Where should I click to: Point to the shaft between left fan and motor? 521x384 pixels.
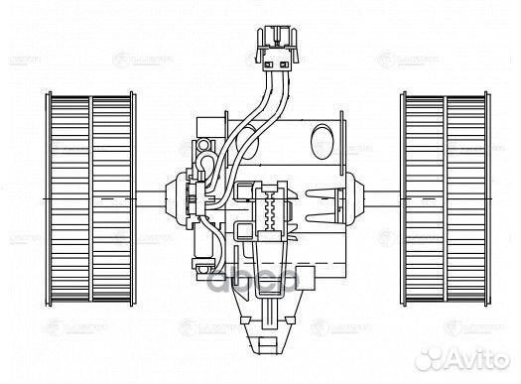point(159,191)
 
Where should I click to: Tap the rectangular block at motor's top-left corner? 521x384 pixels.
point(204,125)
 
